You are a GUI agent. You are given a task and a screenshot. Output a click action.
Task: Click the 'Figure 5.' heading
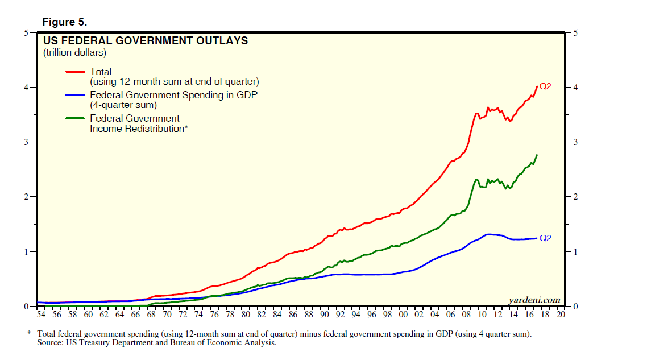[x=65, y=22]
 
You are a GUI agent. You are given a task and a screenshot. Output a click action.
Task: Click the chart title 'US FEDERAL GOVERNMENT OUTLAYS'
[x=146, y=41]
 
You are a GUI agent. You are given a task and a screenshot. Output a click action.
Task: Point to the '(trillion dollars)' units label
[x=75, y=53]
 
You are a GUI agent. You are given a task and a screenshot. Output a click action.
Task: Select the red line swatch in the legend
[x=76, y=72]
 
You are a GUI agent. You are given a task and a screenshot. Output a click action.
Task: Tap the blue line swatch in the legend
[x=76, y=95]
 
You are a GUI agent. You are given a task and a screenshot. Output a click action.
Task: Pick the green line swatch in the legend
[x=76, y=118]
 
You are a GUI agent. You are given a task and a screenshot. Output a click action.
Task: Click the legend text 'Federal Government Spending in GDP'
[x=173, y=95]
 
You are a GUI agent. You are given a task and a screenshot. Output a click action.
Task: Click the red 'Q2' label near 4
[x=545, y=86]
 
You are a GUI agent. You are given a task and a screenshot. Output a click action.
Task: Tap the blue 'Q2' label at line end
[x=545, y=238]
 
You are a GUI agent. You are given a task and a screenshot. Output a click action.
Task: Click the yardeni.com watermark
[x=534, y=300]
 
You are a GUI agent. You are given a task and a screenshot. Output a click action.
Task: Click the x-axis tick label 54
[x=40, y=315]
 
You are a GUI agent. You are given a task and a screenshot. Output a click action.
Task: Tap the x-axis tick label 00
[x=403, y=315]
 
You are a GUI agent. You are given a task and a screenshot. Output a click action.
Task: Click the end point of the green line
[x=537, y=155]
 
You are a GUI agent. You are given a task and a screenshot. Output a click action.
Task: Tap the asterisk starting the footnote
[x=29, y=334]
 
